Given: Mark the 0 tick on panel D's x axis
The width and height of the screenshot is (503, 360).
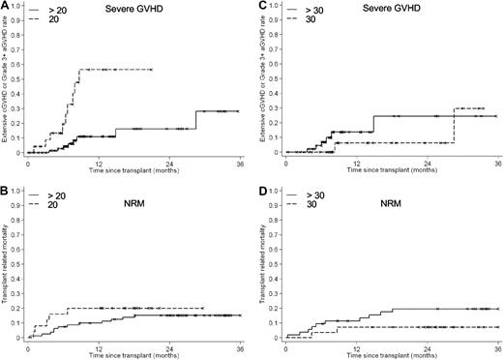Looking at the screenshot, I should point(286,346).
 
